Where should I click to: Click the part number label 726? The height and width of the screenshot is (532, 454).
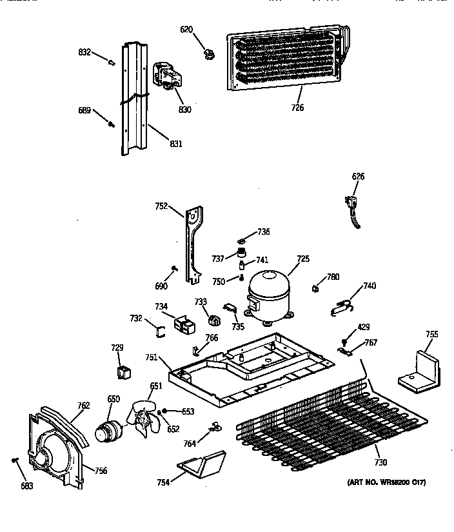297,108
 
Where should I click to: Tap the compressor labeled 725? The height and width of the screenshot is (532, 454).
268,294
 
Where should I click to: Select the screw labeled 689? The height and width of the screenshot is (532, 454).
112,122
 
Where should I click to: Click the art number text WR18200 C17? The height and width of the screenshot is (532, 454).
386,483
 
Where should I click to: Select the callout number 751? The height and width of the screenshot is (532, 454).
151,357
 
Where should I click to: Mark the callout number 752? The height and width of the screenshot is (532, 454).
161,206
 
